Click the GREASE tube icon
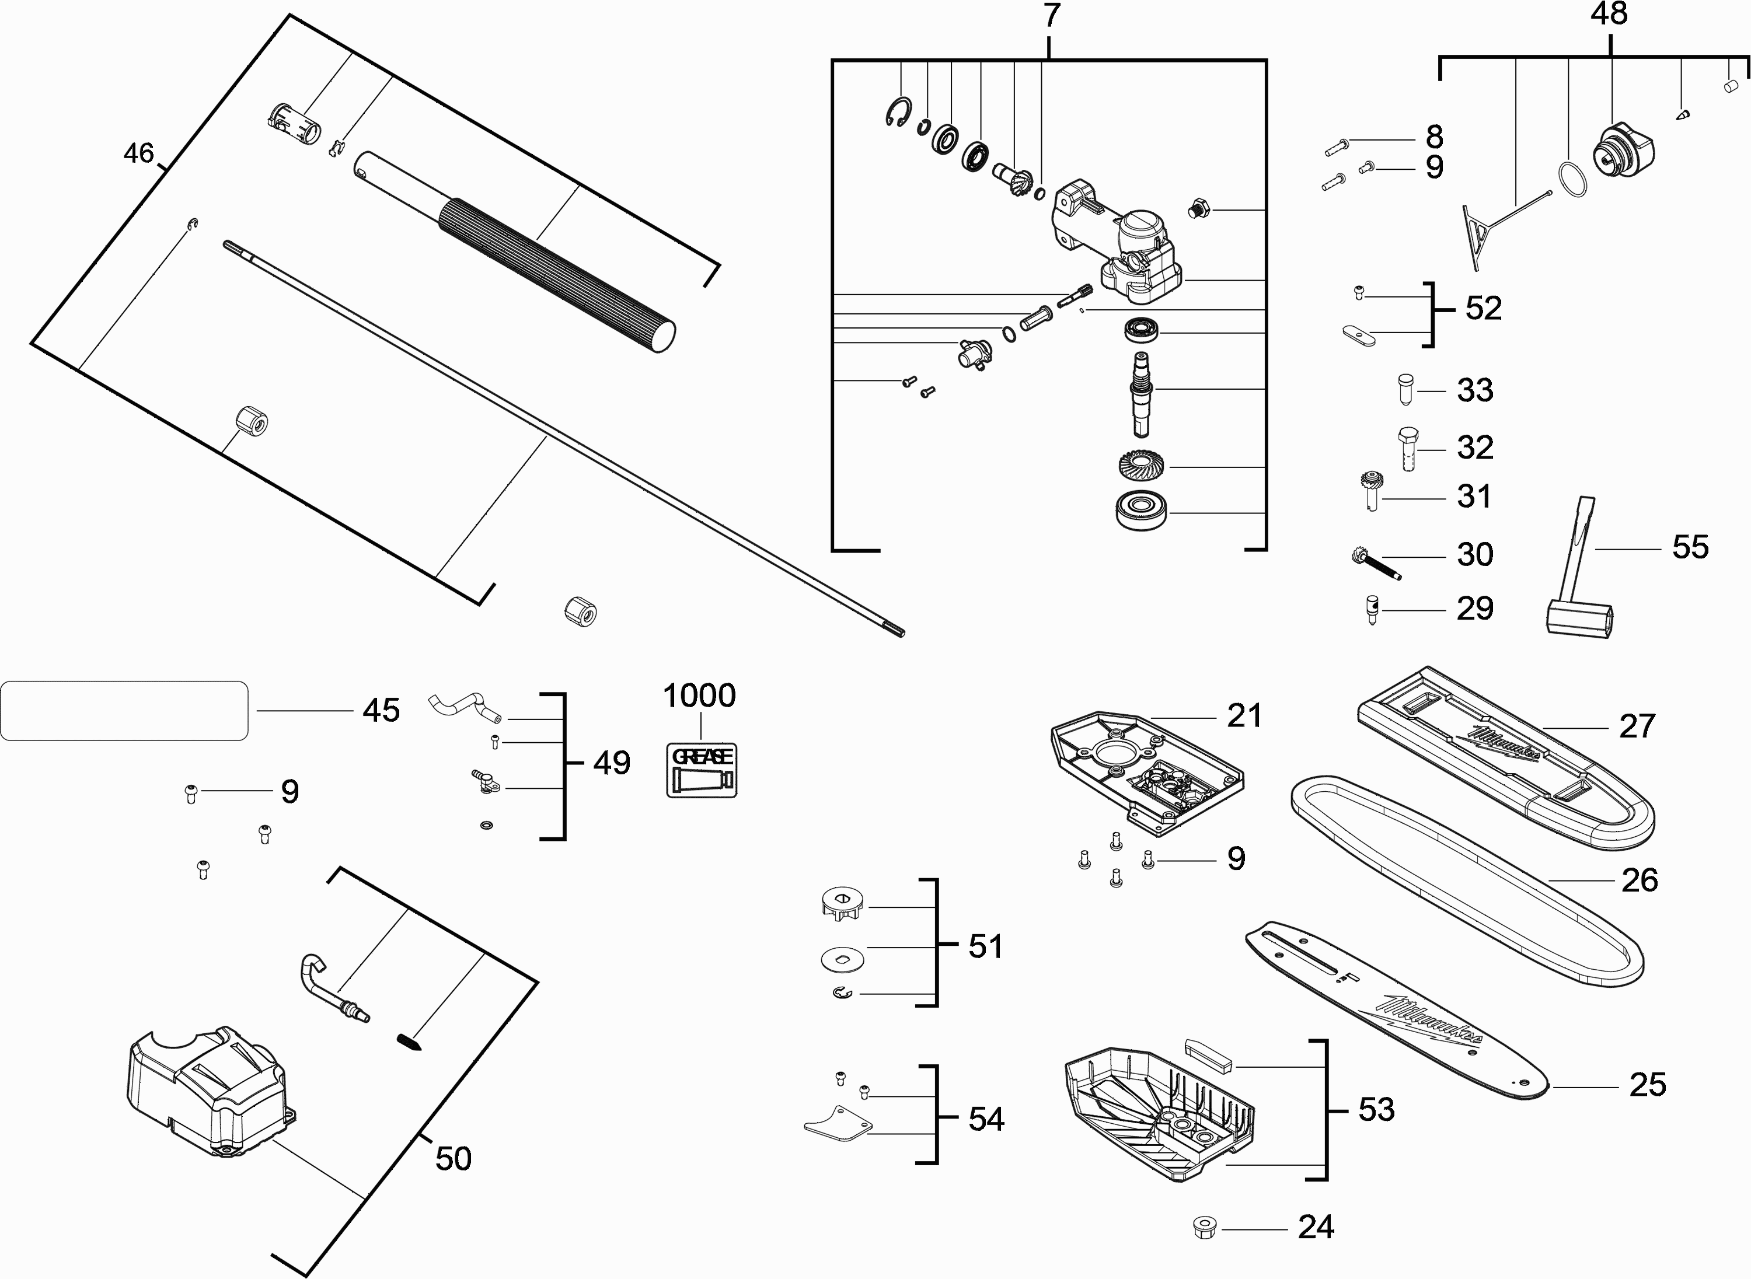point(702,770)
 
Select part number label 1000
point(699,696)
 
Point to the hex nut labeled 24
point(1205,1227)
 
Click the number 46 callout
point(139,153)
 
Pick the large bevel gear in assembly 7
point(1142,466)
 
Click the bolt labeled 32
point(1408,448)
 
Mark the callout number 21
point(1244,716)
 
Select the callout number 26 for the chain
point(1640,880)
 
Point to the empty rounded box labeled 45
point(124,711)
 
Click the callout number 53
point(1376,1109)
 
